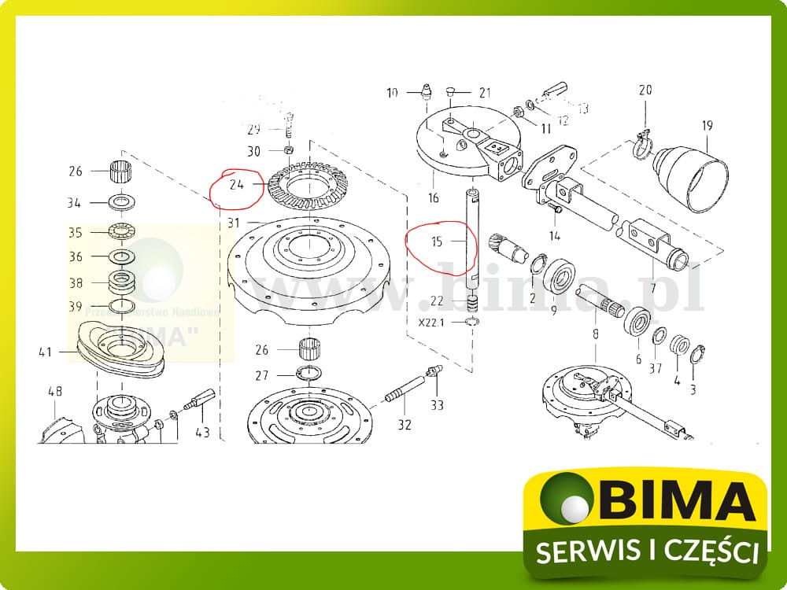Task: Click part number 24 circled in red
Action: (x=235, y=186)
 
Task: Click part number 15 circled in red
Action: (x=438, y=242)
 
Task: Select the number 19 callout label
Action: (x=707, y=125)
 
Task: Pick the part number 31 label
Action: (x=234, y=223)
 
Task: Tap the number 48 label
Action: (x=54, y=391)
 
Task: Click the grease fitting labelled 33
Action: (x=434, y=375)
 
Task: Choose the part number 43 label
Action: (x=202, y=431)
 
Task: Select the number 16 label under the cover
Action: (x=433, y=197)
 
